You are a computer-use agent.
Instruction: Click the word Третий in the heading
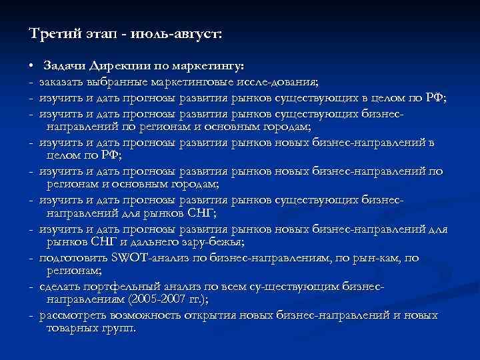tap(52, 33)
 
